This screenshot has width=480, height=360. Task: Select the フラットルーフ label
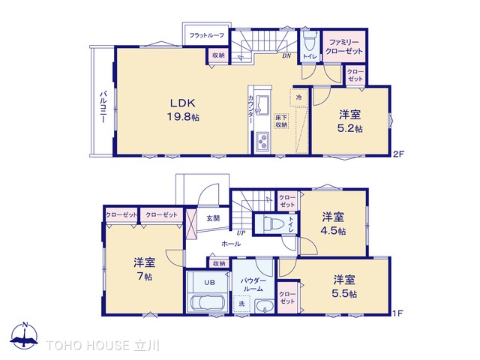click(205, 35)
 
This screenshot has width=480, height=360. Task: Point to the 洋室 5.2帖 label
click(349, 121)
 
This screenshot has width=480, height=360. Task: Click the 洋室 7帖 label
click(143, 269)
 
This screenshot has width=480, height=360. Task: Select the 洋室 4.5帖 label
click(334, 223)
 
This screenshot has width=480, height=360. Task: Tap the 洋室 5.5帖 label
click(346, 285)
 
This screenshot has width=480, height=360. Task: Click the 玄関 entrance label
click(214, 219)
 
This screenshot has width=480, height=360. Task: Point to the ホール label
click(231, 244)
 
